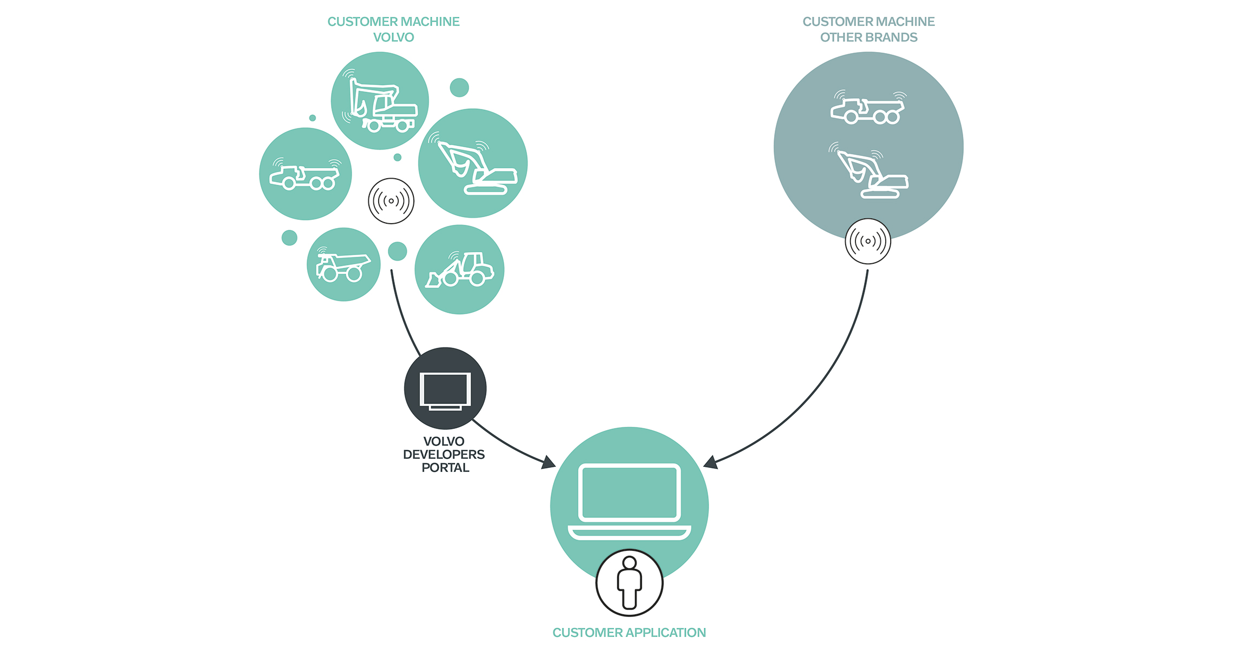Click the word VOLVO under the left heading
[393, 37]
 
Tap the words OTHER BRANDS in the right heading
[868, 37]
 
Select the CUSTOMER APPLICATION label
[629, 632]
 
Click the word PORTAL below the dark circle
[445, 467]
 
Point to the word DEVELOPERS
[444, 454]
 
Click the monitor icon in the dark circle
[445, 391]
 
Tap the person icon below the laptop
[629, 583]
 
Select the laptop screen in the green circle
[629, 492]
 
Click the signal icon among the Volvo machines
[391, 201]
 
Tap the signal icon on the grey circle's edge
[868, 242]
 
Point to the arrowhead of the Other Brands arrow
[710, 463]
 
